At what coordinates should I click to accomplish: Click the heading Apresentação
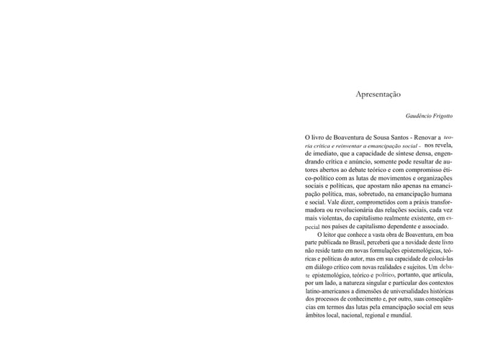click(x=378, y=94)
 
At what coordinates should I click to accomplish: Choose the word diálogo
click(x=325, y=267)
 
